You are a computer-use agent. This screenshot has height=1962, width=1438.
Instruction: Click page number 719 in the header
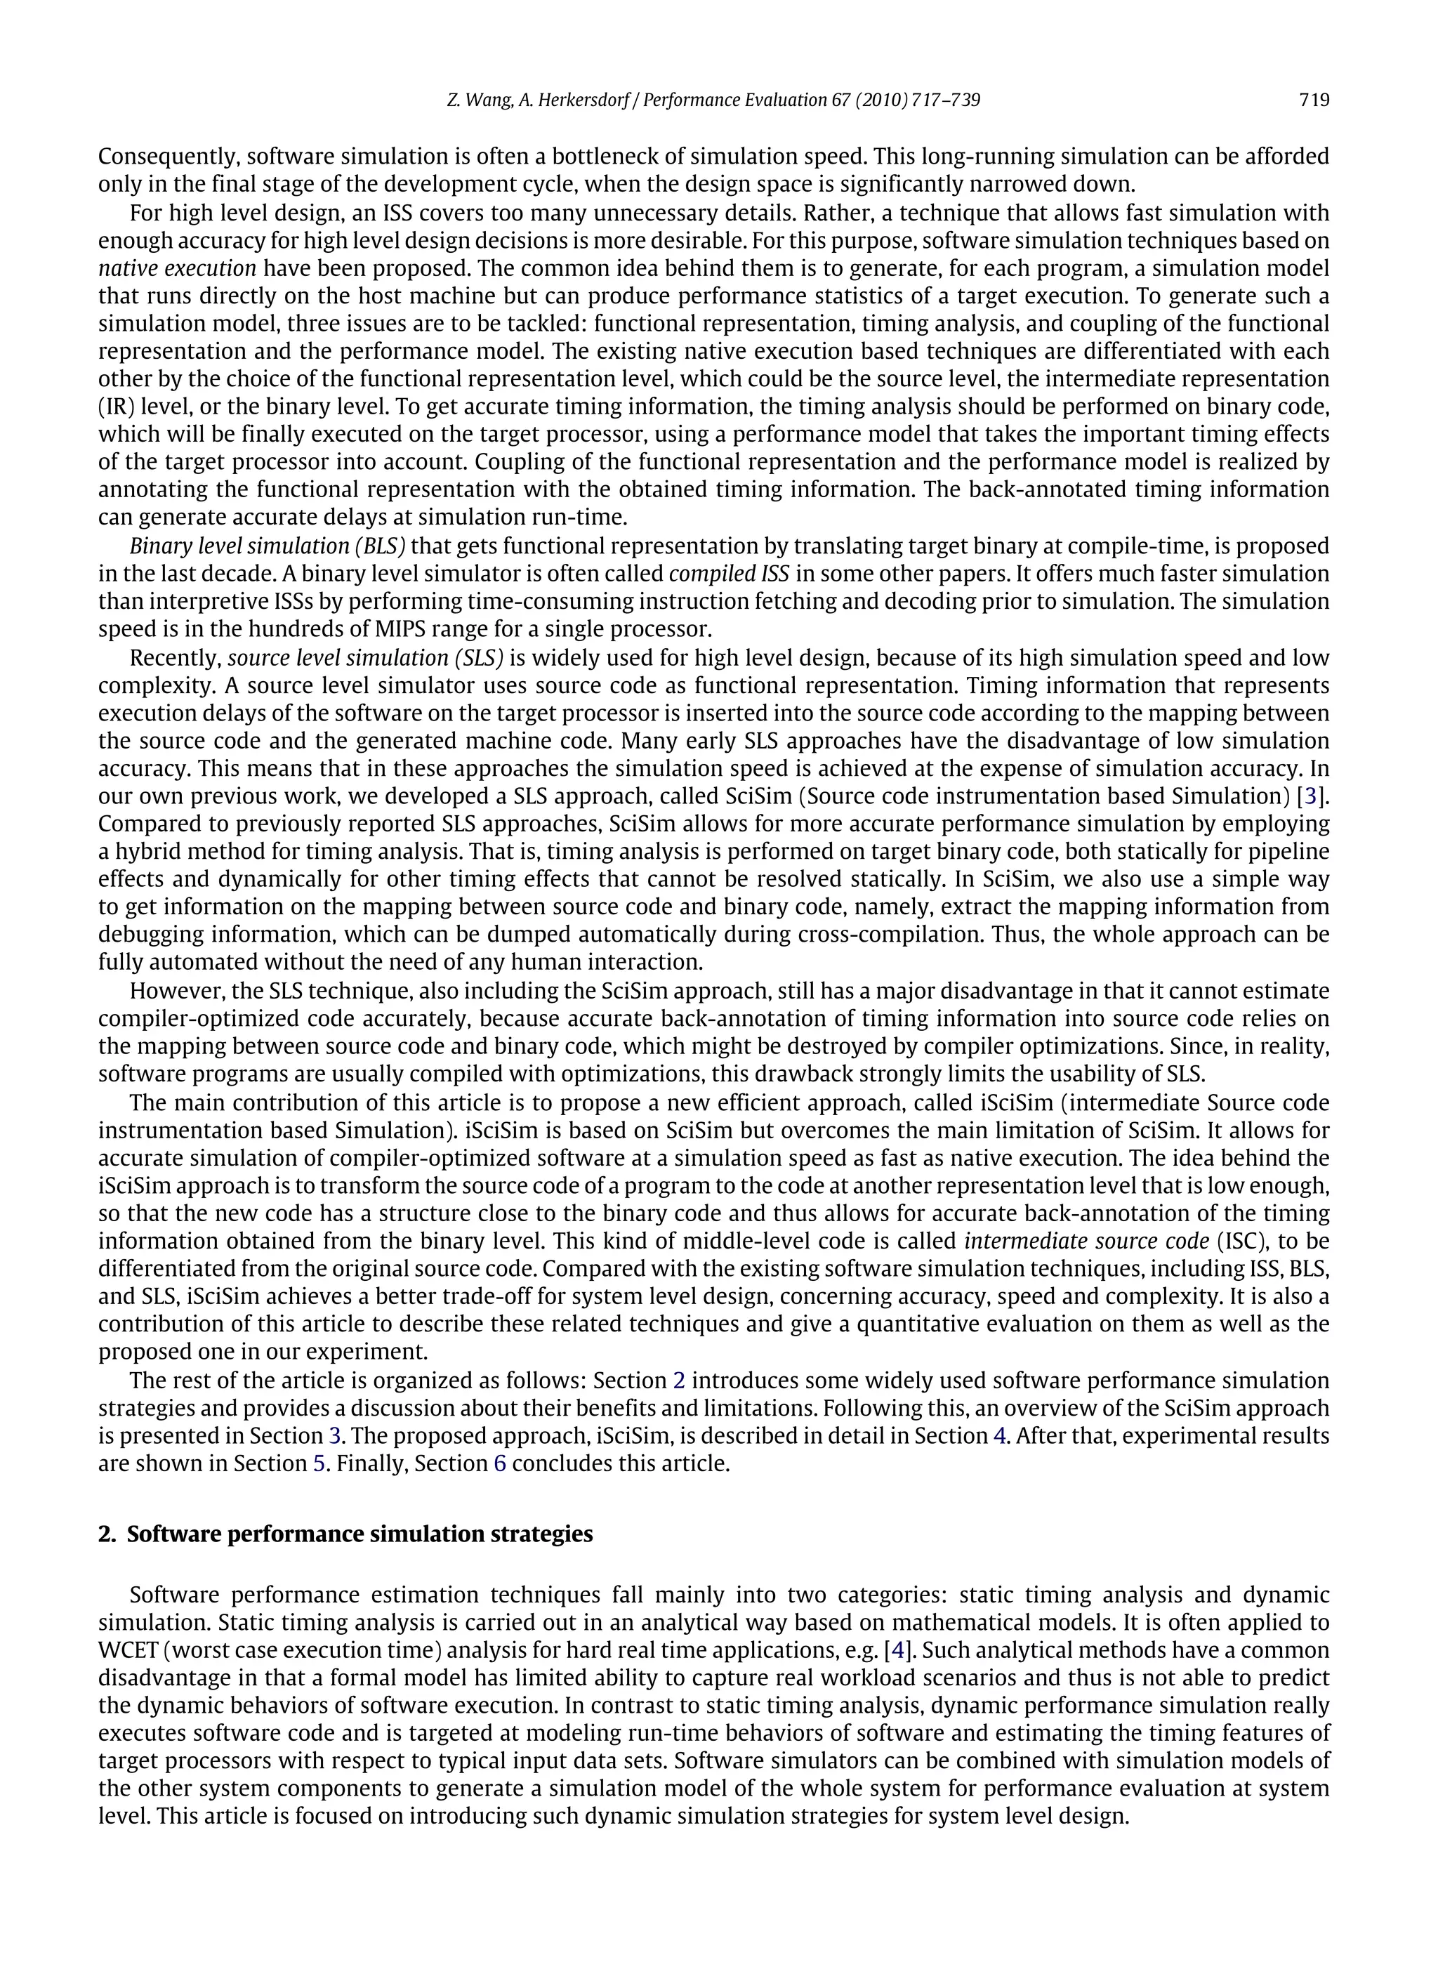click(x=1314, y=100)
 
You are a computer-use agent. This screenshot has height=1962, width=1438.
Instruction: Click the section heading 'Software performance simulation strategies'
click(x=359, y=1534)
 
